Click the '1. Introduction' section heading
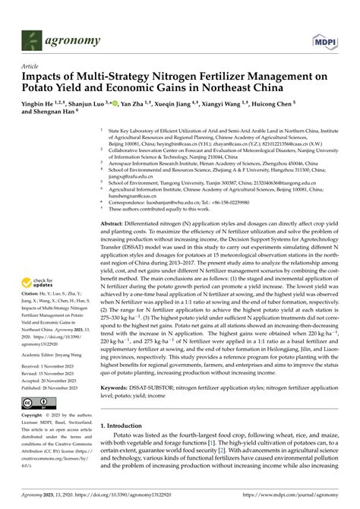122,425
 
